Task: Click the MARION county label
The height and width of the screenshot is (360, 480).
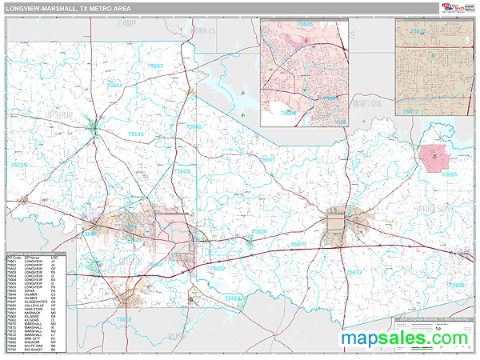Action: point(366,103)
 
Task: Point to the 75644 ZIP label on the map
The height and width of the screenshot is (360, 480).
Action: point(115,85)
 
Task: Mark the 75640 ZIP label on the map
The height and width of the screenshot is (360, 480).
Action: point(193,127)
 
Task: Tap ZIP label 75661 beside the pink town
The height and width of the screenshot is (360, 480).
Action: point(450,174)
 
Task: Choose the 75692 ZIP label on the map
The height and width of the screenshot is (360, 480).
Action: point(456,285)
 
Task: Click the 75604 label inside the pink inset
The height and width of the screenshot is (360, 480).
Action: point(288,114)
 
